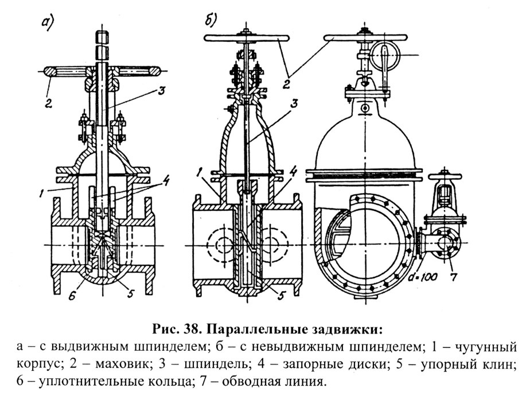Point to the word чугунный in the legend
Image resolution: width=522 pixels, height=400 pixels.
pos(486,347)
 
